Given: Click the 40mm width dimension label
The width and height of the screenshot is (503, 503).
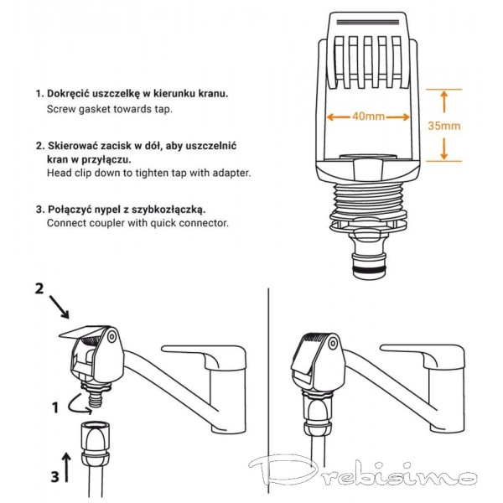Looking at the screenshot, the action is coord(368,117).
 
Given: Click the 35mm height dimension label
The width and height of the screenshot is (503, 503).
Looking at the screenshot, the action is coord(444,126).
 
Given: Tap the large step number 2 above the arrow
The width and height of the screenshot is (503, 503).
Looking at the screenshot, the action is coord(39,288).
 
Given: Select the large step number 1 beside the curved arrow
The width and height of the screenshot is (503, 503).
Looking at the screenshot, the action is coord(55,407).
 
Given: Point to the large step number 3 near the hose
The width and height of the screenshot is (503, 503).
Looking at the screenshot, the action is coord(55,476).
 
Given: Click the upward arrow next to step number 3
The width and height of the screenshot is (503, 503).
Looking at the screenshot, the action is coord(66,467).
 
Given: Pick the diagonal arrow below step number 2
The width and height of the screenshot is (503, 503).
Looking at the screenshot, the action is coord(60,308).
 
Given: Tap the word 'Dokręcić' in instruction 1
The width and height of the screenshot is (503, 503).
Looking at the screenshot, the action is coord(68,94).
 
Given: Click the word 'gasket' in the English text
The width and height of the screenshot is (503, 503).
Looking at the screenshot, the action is coord(95,109).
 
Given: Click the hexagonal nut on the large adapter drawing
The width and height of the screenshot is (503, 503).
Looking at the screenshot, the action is coord(369,169).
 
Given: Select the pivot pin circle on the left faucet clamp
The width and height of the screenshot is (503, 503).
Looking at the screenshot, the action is coord(111,337).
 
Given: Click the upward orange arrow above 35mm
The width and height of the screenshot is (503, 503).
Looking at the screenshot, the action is coord(444,101).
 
